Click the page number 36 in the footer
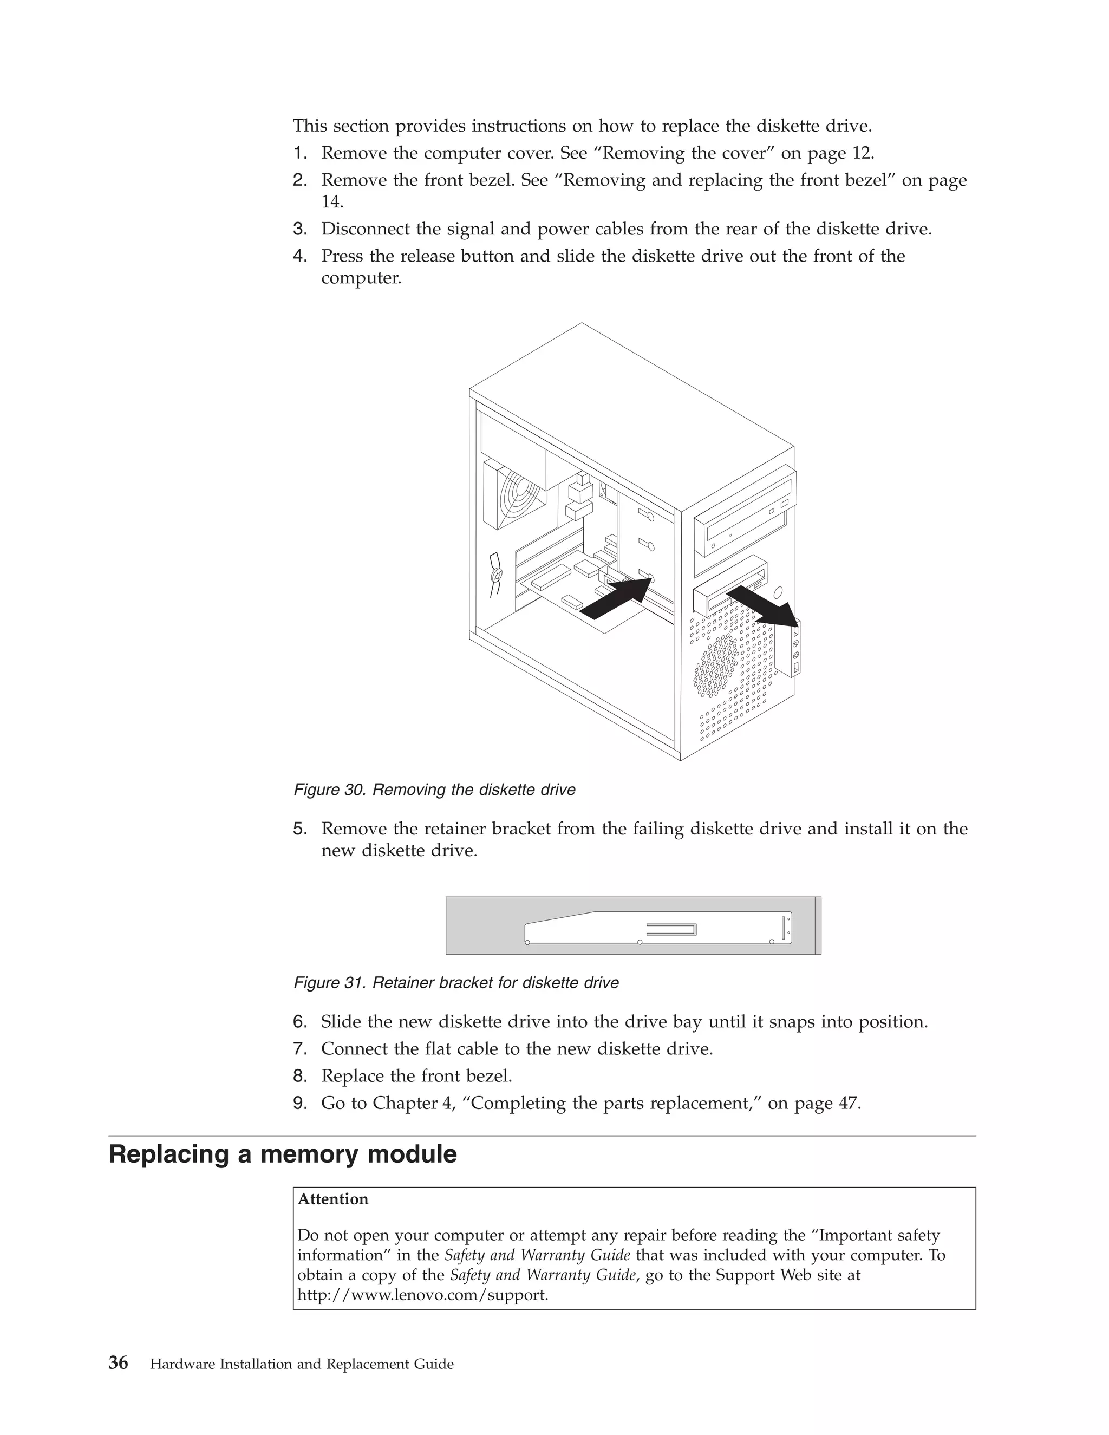click(x=118, y=1364)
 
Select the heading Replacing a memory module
click(x=283, y=1154)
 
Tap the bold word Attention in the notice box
click(x=333, y=1199)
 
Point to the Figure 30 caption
click(x=434, y=790)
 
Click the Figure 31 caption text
click(x=456, y=983)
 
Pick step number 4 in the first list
click(x=299, y=256)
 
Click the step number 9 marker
click(x=299, y=1103)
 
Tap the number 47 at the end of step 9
click(x=848, y=1103)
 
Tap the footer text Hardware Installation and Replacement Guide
click(x=302, y=1364)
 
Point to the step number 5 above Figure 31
click(x=299, y=829)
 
